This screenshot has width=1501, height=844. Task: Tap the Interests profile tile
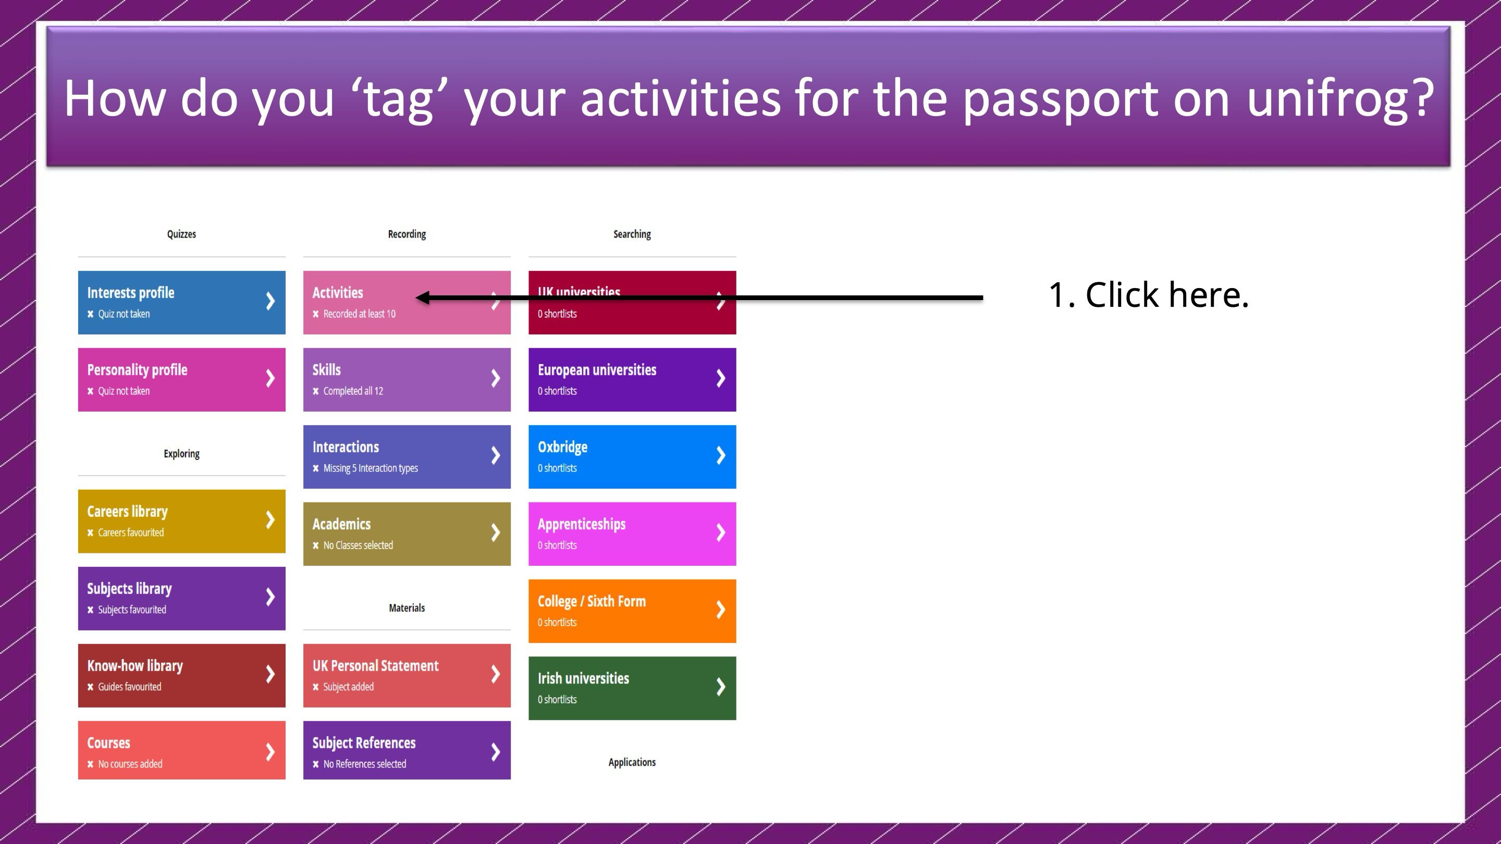(182, 302)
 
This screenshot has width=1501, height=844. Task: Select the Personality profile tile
(182, 380)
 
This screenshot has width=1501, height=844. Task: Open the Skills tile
(407, 380)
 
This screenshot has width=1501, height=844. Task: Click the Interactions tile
(407, 457)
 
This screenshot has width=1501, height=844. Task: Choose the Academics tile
(407, 534)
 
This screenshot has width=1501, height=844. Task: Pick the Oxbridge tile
(632, 457)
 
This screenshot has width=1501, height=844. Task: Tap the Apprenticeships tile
(632, 534)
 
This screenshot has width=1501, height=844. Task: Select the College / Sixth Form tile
(632, 611)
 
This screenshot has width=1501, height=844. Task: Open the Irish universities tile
(632, 688)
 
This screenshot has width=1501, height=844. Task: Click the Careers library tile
(182, 522)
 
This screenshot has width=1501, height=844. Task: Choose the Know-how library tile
(182, 676)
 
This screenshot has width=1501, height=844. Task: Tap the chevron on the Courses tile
(270, 751)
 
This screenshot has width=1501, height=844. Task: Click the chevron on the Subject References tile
(495, 751)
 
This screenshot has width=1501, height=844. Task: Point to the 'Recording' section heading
(407, 234)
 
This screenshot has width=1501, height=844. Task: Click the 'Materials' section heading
(407, 608)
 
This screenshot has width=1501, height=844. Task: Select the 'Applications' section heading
(632, 762)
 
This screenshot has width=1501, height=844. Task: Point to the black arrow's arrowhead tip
(416, 297)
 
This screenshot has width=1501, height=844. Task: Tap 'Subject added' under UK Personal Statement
(349, 687)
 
